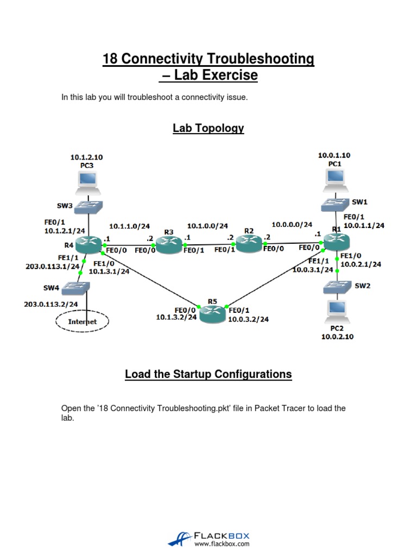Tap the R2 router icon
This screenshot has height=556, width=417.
click(249, 244)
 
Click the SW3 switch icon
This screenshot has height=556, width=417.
click(89, 206)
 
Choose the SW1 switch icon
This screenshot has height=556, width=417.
click(334, 204)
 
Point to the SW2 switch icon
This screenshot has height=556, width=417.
click(337, 286)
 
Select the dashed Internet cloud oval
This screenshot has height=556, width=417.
click(83, 321)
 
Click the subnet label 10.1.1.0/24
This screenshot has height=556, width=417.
click(129, 226)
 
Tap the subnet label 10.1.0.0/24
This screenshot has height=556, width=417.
click(207, 225)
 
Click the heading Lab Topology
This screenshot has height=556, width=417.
click(208, 128)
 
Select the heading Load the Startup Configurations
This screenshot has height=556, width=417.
click(208, 374)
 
